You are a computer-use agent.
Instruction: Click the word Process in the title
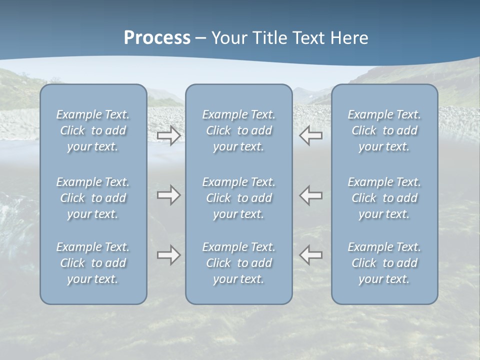[x=157, y=38]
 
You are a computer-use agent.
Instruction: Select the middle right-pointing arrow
[x=168, y=195]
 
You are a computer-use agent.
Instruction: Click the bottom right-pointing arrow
[x=168, y=255]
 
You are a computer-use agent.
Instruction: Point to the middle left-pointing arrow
[x=310, y=195]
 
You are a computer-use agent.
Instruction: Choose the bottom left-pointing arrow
[x=310, y=255]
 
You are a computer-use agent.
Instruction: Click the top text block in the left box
[x=93, y=130]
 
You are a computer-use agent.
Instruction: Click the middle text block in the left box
[x=93, y=198]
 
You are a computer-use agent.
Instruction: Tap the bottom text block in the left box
[x=93, y=263]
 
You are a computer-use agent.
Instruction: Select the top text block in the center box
[x=239, y=130]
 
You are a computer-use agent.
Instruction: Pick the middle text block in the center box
[x=239, y=198]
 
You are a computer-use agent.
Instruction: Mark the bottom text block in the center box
[x=239, y=263]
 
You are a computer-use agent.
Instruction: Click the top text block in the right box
[x=384, y=130]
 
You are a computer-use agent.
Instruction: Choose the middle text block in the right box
[x=384, y=198]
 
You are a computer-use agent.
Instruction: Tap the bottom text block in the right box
[x=384, y=263]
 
